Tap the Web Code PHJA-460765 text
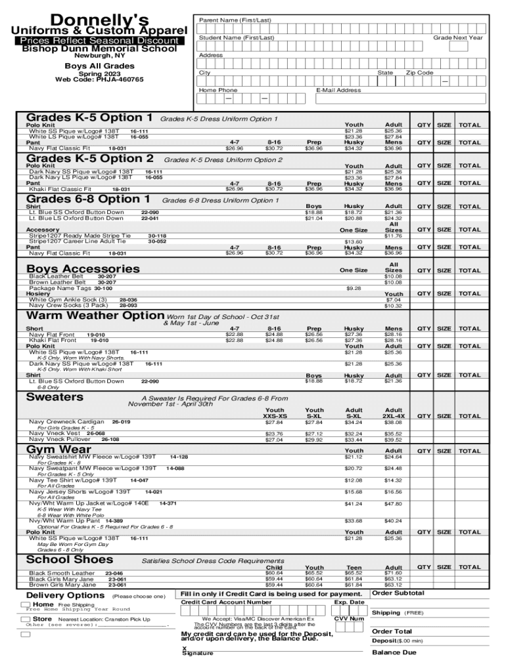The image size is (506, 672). [x=99, y=80]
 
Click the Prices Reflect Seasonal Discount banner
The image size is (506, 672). [x=99, y=41]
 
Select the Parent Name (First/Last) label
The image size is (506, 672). [x=235, y=20]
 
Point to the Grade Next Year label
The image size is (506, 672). [x=457, y=37]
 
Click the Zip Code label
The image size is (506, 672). [x=419, y=73]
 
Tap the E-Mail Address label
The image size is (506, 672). [x=338, y=91]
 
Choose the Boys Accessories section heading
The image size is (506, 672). [x=83, y=268]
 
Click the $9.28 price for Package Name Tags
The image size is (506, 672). [x=354, y=288]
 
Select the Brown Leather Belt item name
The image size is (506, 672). [x=57, y=282]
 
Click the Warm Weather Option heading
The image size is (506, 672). [x=95, y=316]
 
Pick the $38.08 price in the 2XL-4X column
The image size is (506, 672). [x=394, y=423]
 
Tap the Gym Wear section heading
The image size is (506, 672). [x=58, y=448]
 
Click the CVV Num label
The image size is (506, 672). [x=349, y=618]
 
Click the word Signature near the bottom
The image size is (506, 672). [x=197, y=654]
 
